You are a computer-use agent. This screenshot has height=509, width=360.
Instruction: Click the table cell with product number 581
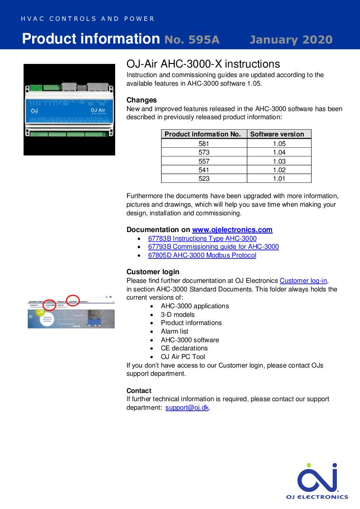click(204, 144)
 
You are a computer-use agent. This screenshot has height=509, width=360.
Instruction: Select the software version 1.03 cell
click(279, 161)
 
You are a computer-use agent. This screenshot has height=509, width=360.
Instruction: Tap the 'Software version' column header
click(277, 134)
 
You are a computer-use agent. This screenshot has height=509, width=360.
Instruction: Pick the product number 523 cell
click(204, 179)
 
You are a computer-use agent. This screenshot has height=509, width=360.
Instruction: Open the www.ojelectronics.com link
click(232, 230)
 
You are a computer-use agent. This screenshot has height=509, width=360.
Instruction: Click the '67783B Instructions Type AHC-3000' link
click(202, 238)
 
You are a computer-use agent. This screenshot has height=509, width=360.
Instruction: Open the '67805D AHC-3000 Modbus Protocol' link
click(202, 255)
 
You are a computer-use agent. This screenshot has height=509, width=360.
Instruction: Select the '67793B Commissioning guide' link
click(213, 247)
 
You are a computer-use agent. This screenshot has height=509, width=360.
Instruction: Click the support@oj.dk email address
click(187, 407)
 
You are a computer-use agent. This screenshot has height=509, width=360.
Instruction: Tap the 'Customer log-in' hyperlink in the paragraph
click(303, 281)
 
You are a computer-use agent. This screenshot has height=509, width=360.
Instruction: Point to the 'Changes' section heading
click(141, 100)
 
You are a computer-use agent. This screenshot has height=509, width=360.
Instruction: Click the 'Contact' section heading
click(139, 391)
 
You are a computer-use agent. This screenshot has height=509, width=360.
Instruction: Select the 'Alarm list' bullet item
click(174, 331)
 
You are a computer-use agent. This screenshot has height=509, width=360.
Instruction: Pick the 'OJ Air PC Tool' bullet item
click(183, 357)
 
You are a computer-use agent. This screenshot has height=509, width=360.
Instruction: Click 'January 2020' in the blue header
click(291, 40)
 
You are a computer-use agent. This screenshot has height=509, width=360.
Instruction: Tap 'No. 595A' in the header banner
click(192, 40)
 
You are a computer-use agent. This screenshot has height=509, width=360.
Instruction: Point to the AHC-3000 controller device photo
click(69, 110)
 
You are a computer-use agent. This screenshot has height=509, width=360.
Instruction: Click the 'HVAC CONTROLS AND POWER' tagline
click(88, 19)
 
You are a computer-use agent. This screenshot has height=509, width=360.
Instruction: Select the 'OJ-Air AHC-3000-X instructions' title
click(203, 64)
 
